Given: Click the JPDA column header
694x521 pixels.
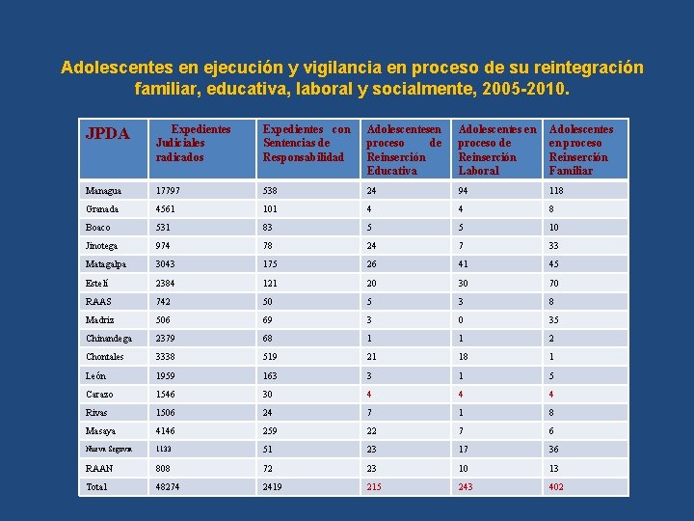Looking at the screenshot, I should [108, 134].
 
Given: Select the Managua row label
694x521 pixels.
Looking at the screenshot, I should [104, 191].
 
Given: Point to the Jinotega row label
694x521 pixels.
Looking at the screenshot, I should [103, 246].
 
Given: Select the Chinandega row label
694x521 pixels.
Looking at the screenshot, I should [108, 339].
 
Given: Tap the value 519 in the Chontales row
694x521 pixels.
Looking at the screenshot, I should [272, 357].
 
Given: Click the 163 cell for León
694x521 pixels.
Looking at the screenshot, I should [272, 376].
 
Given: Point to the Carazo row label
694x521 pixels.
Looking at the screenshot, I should [99, 395].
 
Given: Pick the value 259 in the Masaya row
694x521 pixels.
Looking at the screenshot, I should [272, 431].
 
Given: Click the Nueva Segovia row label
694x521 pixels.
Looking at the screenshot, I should [107, 450].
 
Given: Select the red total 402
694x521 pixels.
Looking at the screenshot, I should [556, 487].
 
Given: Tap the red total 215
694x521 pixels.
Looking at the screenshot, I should [375, 487].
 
